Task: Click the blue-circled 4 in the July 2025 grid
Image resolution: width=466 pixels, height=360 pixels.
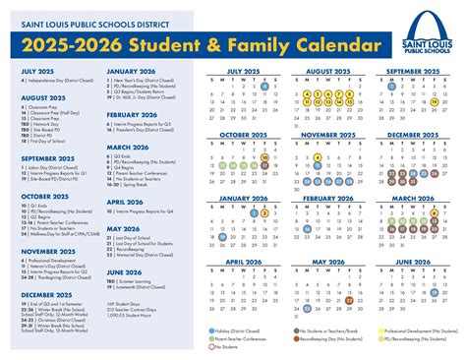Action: (x=264, y=87)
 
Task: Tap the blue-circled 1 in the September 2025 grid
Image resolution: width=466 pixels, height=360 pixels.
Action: (x=392, y=87)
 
